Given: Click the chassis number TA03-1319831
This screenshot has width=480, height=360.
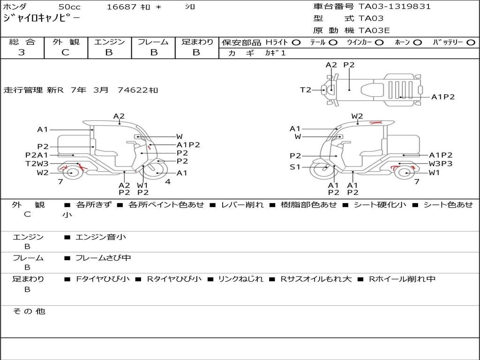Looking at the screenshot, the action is pos(394,7).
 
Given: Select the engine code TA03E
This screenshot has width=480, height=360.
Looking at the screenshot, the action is pos(374,30).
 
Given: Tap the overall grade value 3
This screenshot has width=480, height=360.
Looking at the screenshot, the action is pos(22,52).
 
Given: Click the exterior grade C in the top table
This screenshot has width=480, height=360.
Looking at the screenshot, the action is pos(65,52).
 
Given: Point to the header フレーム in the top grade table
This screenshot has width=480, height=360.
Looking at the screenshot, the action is pos(153,42).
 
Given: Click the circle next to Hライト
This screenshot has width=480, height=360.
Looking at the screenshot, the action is pos(296,43).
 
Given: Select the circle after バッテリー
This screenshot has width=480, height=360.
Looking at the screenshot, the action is pos(471,43).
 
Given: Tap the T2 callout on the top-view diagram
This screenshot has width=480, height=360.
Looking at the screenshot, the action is pos(306,90).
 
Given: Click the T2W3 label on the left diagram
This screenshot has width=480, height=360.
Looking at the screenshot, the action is pos(37,164).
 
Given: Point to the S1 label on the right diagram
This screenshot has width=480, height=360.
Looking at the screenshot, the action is pos(295,167).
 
